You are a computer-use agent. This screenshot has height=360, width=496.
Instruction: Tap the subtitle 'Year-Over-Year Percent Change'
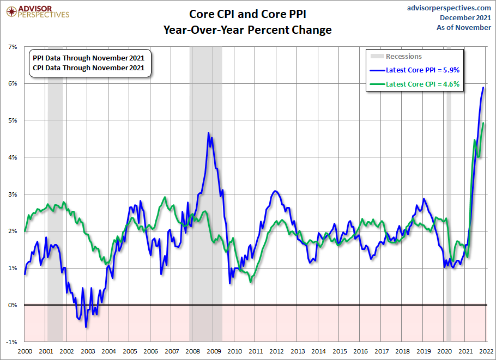[x=247, y=30]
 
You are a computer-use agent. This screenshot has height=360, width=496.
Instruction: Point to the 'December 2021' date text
[x=465, y=17]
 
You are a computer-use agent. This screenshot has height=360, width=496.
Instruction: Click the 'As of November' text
[x=464, y=27]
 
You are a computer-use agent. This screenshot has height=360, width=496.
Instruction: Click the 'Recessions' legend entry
[x=403, y=56]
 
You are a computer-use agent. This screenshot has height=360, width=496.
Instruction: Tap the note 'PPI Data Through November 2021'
[x=89, y=58]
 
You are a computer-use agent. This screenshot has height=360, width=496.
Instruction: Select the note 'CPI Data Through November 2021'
[x=89, y=68]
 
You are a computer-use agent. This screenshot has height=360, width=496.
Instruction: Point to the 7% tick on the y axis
[x=13, y=47]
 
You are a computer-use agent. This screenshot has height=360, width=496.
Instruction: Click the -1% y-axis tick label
[x=11, y=342]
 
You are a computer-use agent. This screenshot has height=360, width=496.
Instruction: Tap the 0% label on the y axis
[x=13, y=305]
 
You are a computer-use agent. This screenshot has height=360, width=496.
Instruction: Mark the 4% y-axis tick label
[x=13, y=157]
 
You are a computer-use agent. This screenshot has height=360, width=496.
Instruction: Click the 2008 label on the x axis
[x=192, y=351]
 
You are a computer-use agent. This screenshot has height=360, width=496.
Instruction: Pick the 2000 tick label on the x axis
[x=25, y=351]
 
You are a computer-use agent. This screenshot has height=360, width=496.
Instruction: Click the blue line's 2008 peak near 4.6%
[x=209, y=132]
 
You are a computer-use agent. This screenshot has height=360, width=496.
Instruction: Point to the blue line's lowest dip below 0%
[x=86, y=327]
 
